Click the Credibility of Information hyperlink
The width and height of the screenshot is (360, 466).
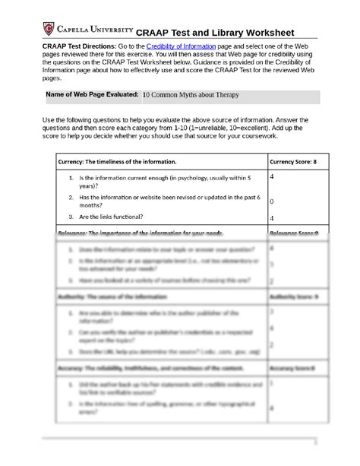click(179, 47)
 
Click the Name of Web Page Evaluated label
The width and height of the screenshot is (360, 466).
click(92, 95)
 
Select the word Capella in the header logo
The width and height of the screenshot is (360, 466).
click(75, 29)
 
